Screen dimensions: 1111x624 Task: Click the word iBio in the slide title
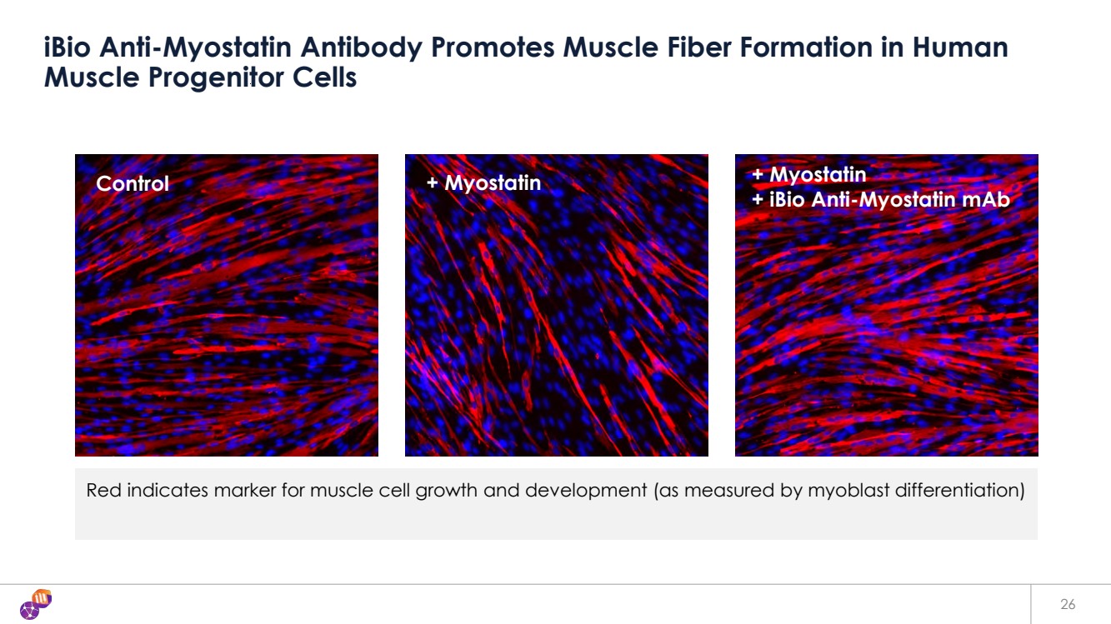click(68, 47)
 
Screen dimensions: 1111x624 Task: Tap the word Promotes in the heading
click(493, 47)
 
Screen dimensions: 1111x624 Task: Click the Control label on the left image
click(133, 183)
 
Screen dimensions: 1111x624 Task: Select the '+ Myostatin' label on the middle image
click(483, 183)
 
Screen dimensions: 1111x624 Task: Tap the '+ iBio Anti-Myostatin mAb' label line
click(881, 200)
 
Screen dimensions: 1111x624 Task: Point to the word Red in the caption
click(103, 490)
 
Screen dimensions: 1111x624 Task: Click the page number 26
click(1068, 604)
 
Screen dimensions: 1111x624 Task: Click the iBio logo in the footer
click(36, 604)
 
